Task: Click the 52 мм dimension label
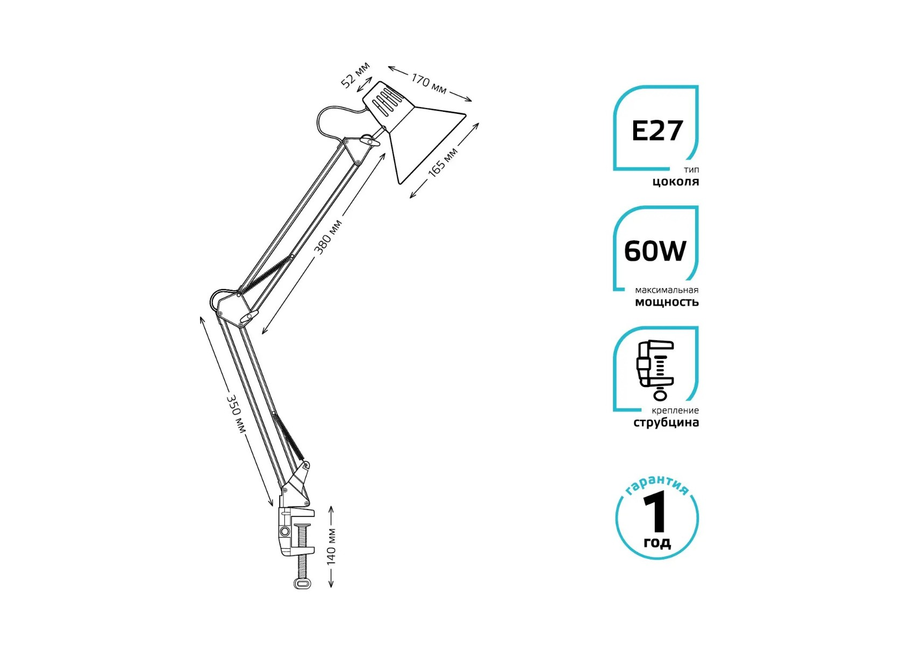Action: click(355, 75)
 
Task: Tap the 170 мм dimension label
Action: click(429, 83)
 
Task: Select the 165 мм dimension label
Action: click(443, 161)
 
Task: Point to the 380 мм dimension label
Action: click(327, 237)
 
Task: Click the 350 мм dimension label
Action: click(235, 413)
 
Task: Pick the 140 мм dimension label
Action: click(331, 547)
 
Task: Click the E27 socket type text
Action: click(657, 131)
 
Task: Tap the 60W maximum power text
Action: click(655, 251)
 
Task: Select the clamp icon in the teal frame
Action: click(655, 370)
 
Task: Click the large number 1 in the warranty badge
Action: click(656, 513)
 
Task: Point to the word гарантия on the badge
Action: click(657, 484)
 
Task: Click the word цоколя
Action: click(676, 182)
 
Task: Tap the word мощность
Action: click(667, 302)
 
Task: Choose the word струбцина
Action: click(666, 422)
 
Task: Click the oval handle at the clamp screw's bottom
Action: click(303, 583)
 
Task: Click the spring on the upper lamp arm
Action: click(266, 275)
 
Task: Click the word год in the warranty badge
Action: click(657, 543)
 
